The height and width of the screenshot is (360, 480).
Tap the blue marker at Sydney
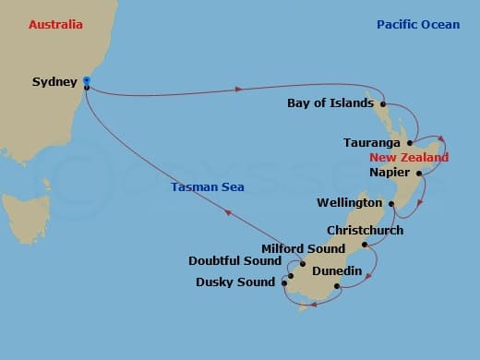click(86, 81)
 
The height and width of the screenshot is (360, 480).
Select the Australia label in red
click(55, 24)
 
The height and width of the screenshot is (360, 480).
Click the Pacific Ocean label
click(417, 24)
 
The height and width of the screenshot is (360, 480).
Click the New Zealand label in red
click(409, 158)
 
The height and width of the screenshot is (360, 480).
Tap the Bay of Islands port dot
click(382, 104)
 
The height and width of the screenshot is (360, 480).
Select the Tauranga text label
click(371, 143)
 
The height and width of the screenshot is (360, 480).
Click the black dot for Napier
click(419, 173)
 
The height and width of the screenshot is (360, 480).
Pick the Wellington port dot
click(391, 203)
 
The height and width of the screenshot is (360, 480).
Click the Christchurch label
click(365, 230)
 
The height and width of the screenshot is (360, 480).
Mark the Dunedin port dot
click(337, 287)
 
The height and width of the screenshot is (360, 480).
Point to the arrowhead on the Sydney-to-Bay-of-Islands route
click(239, 90)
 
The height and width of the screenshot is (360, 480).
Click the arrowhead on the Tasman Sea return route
click(227, 213)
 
